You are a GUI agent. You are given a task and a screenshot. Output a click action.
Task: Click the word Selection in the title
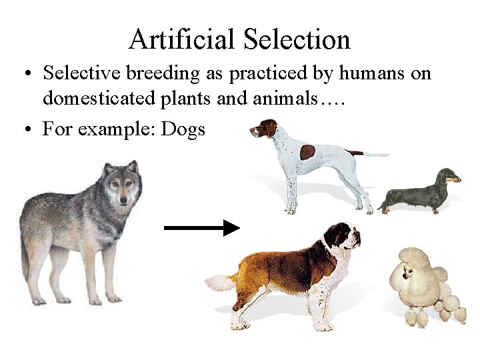click(297, 39)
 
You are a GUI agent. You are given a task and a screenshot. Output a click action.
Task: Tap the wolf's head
click(121, 185)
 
